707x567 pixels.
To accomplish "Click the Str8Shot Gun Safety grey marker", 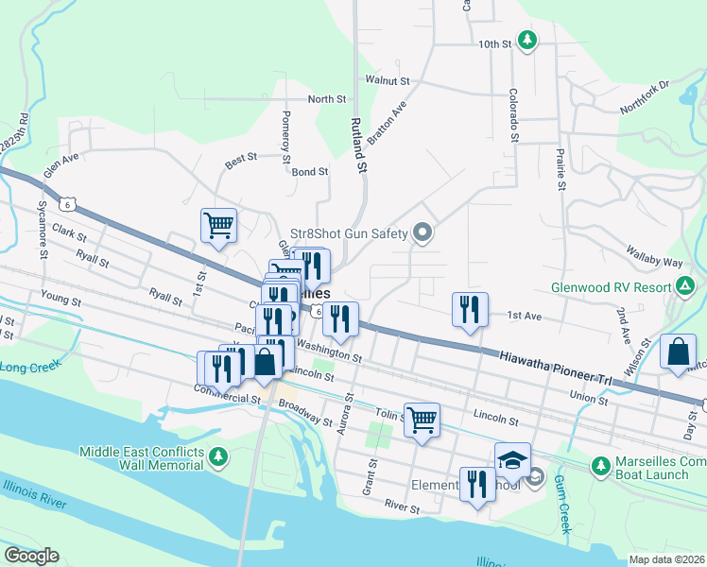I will [422, 232].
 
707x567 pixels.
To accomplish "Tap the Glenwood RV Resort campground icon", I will [683, 285].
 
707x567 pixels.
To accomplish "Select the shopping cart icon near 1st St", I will [218, 225].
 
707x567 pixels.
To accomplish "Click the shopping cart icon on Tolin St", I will [422, 418].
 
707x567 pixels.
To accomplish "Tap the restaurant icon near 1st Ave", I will [470, 308].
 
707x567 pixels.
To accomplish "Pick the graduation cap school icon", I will [511, 459].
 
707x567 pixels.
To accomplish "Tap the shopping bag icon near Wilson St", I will [679, 352].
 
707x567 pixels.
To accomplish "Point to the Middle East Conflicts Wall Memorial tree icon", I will [218, 457].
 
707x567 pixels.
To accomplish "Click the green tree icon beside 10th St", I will [528, 41].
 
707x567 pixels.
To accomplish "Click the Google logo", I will [31, 556].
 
